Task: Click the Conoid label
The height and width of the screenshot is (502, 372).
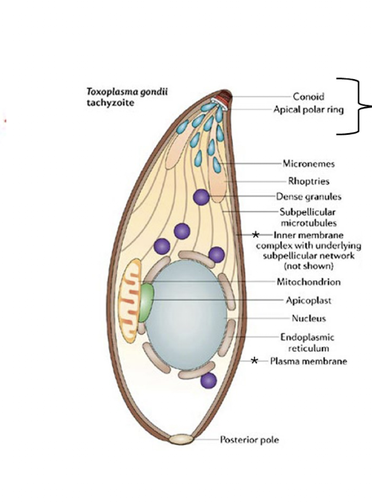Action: [308, 96]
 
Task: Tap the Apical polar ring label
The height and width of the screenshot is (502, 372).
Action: [308, 109]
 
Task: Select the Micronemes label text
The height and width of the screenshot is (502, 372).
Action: [309, 164]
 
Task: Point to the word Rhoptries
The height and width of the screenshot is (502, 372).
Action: [309, 181]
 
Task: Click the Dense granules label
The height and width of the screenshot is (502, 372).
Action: [309, 197]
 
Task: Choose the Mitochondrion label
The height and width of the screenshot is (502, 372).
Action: [309, 281]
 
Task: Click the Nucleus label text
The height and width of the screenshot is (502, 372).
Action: [308, 319]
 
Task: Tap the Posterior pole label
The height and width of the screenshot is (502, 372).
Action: [249, 440]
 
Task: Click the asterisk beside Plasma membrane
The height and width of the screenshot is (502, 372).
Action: [255, 360]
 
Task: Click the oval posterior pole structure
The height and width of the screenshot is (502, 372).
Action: [181, 440]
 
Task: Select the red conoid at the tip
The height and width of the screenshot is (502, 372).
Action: [224, 95]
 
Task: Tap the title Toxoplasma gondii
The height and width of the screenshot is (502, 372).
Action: [126, 92]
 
